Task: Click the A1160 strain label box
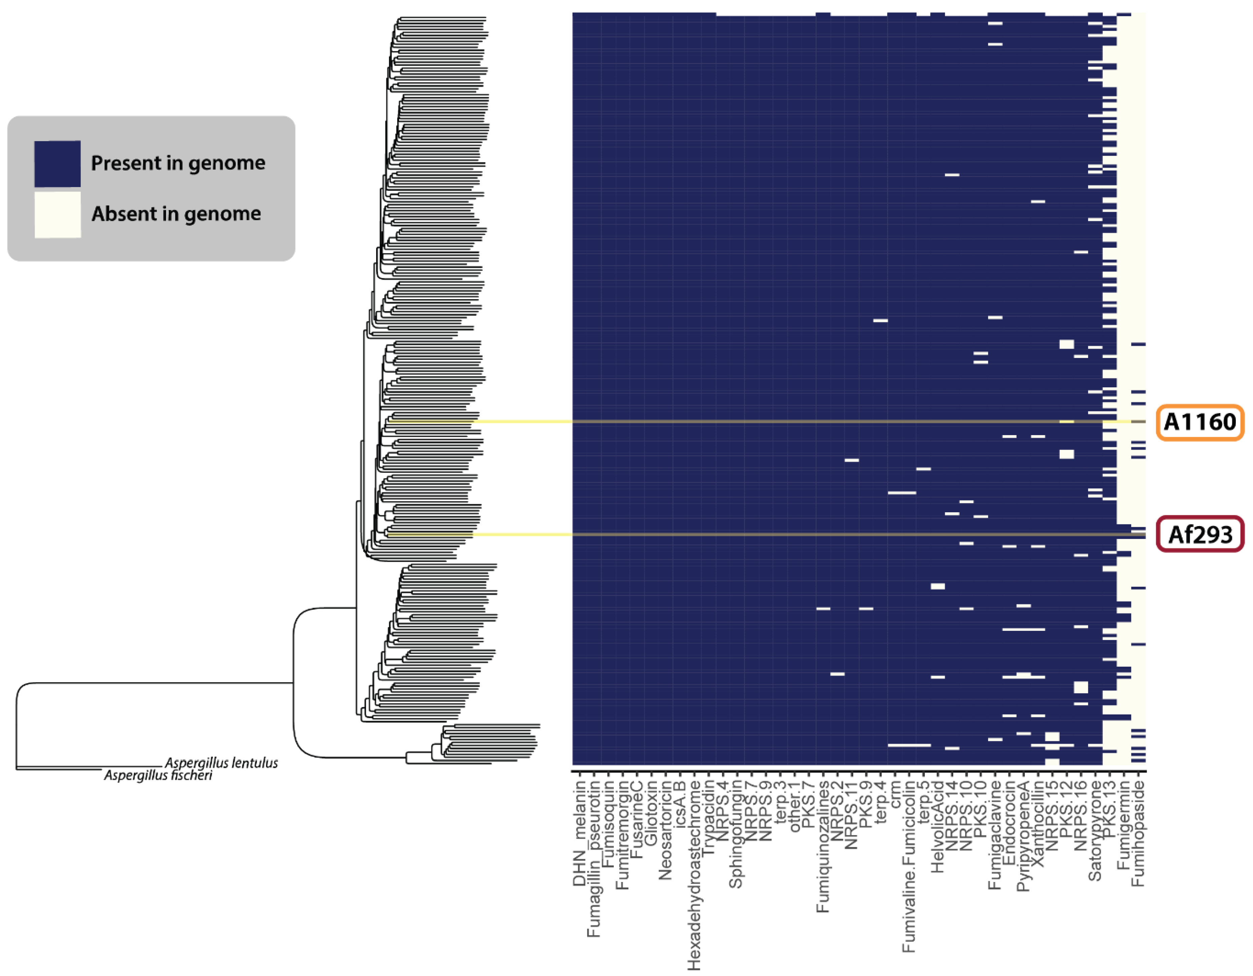[1199, 423]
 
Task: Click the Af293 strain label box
[1199, 535]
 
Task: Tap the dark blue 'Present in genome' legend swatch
[57, 164]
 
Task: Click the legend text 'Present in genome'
[178, 163]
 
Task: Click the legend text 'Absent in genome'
[176, 214]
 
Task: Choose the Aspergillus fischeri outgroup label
[158, 775]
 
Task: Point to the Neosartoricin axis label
[665, 830]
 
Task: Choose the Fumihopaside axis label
[1138, 830]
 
